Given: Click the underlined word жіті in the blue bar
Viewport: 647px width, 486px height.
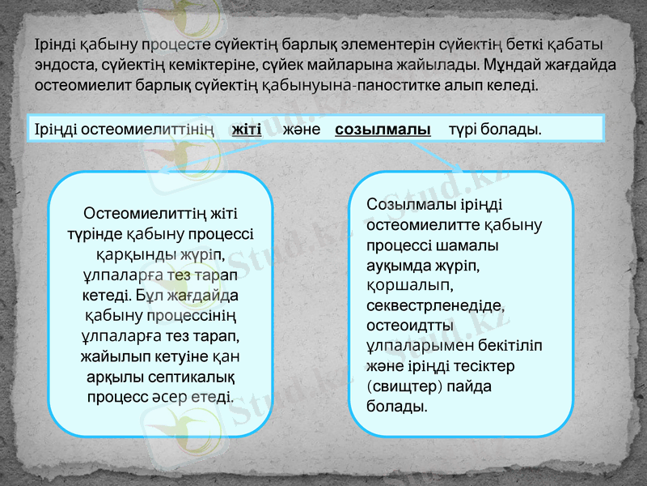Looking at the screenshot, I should [x=246, y=130].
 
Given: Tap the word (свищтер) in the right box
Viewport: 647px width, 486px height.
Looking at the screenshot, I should [x=400, y=386].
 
